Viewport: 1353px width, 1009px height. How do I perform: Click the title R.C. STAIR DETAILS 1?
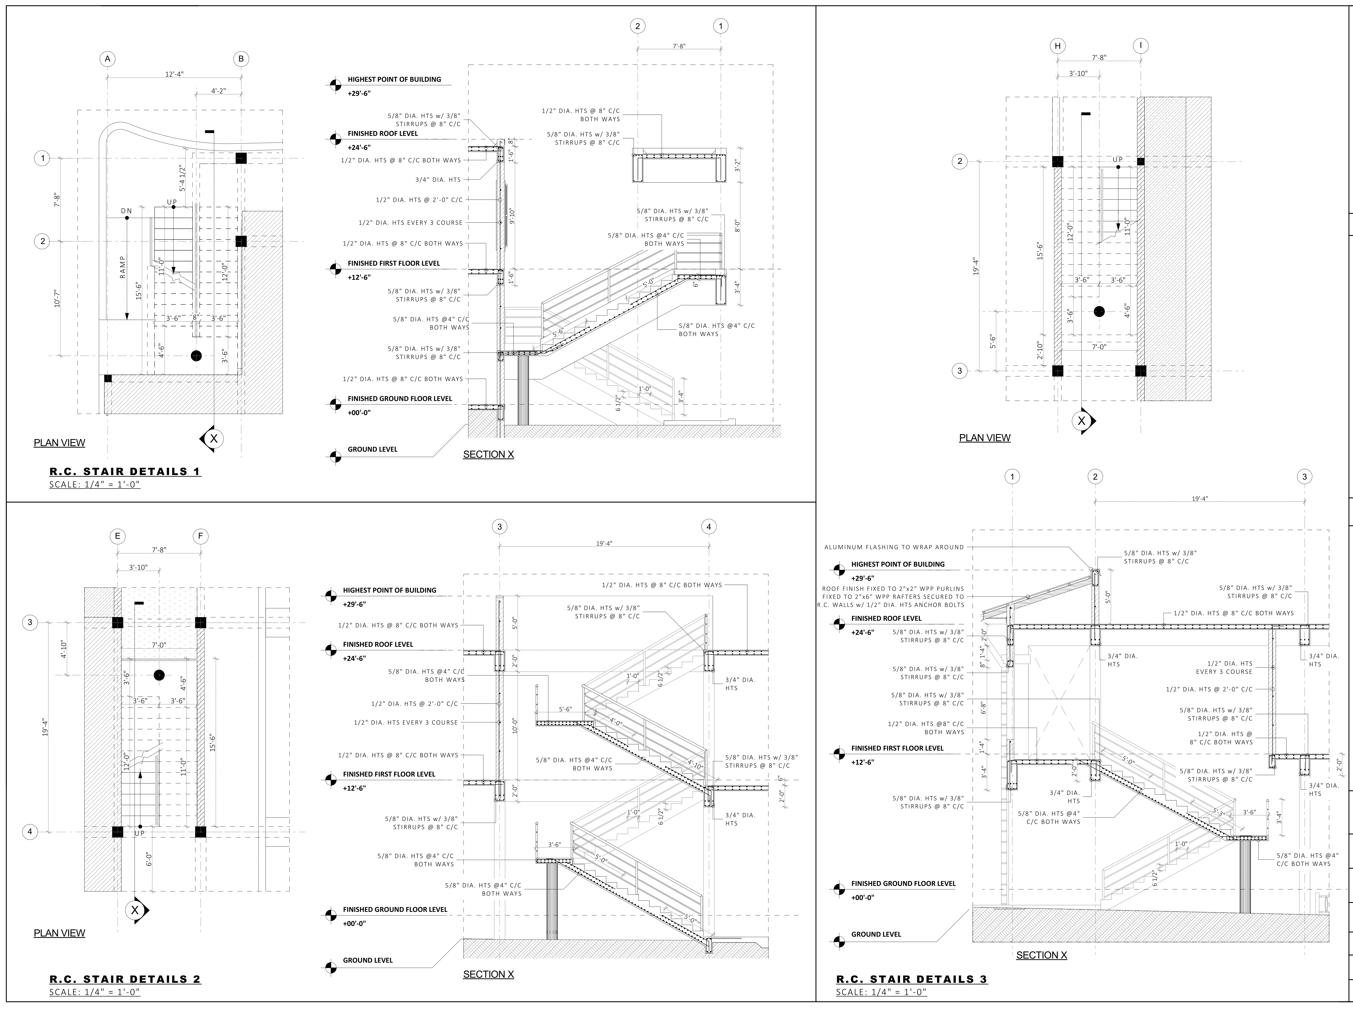(x=125, y=472)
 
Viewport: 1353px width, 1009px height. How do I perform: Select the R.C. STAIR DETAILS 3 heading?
(x=911, y=979)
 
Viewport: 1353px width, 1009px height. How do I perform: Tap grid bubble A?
(x=107, y=59)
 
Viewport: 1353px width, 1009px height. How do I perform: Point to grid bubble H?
(x=1057, y=46)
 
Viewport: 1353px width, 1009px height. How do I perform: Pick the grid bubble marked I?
(x=1140, y=46)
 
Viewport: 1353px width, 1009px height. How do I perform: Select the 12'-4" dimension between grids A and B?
(x=174, y=74)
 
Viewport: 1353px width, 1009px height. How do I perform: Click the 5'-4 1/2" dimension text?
(x=181, y=178)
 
